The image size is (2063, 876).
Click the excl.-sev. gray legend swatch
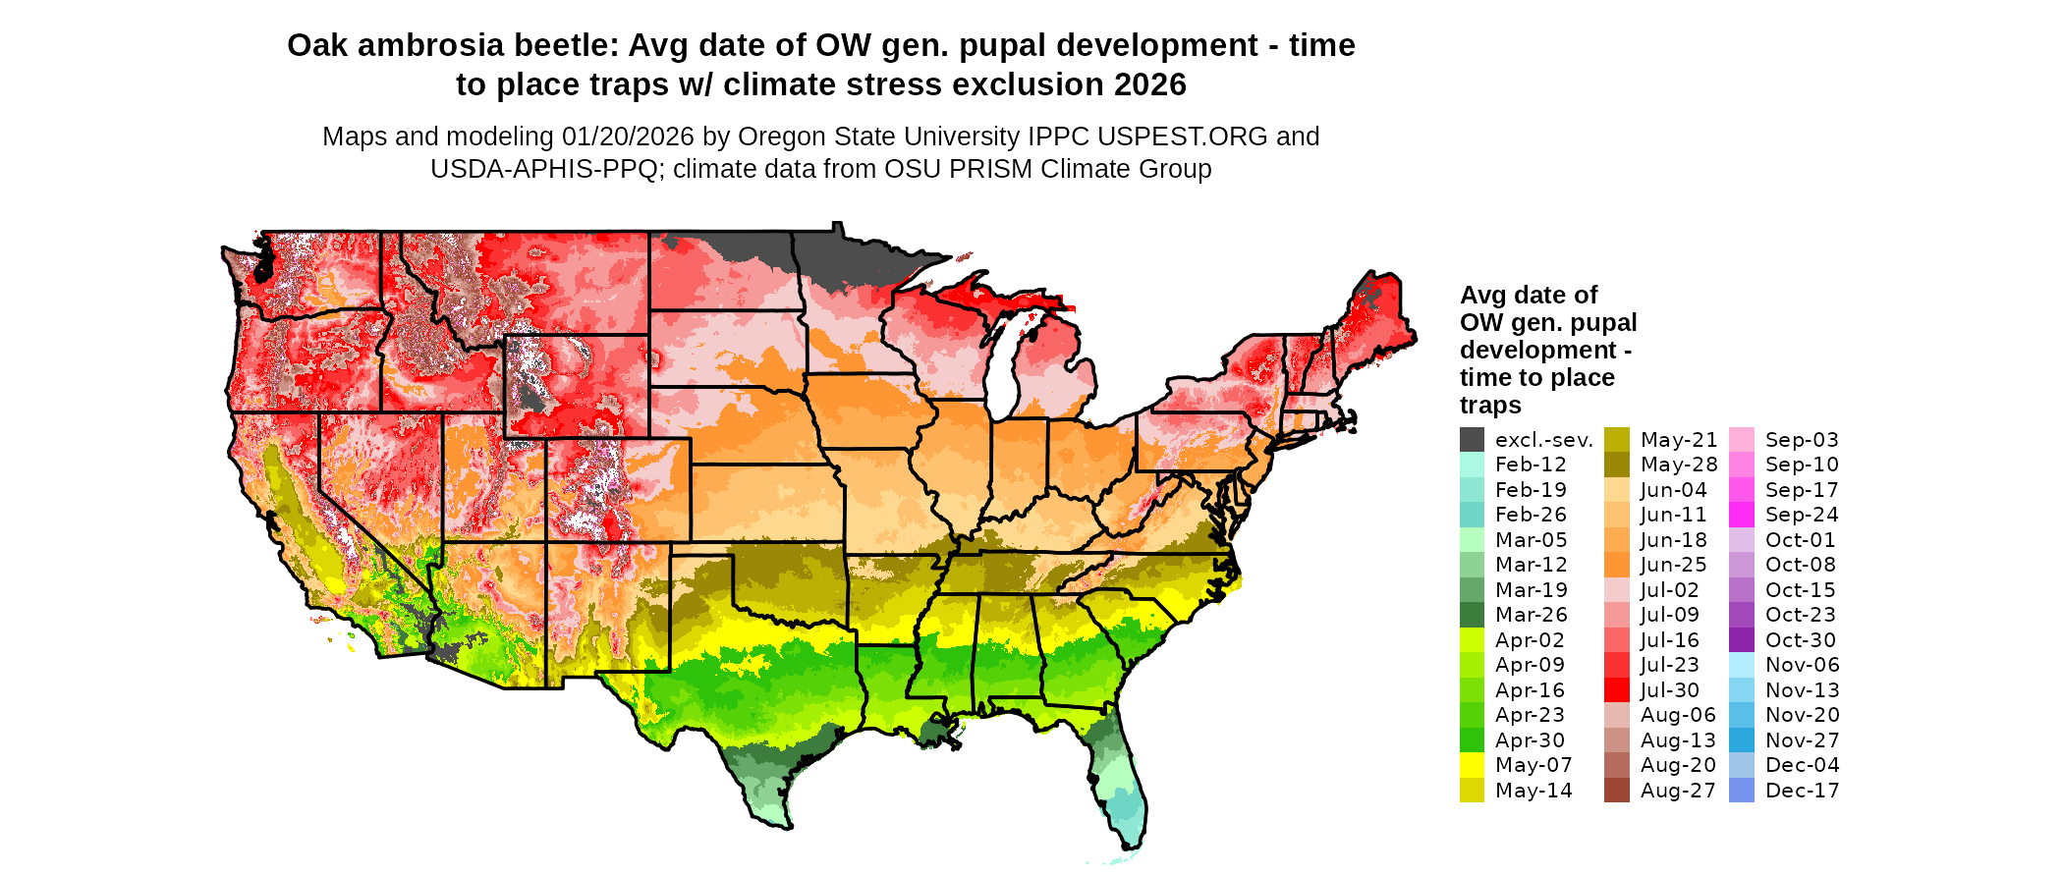click(1472, 440)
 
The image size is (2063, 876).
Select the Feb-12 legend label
click(1531, 465)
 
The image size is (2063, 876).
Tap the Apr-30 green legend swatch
click(1472, 740)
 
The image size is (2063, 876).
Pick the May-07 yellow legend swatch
click(1472, 765)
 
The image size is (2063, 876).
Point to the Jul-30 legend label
click(1669, 690)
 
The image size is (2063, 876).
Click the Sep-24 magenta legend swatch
click(1741, 515)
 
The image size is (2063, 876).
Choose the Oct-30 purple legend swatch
click(1741, 640)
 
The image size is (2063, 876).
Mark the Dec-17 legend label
click(1802, 791)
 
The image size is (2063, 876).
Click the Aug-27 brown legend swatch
click(1616, 791)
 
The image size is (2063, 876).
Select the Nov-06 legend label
click(1802, 665)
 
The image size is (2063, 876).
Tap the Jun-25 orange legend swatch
click(1616, 565)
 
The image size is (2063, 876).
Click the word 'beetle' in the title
click(569, 46)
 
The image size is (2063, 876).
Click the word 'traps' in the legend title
click(1489, 406)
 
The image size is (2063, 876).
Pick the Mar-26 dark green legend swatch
click(1472, 615)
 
